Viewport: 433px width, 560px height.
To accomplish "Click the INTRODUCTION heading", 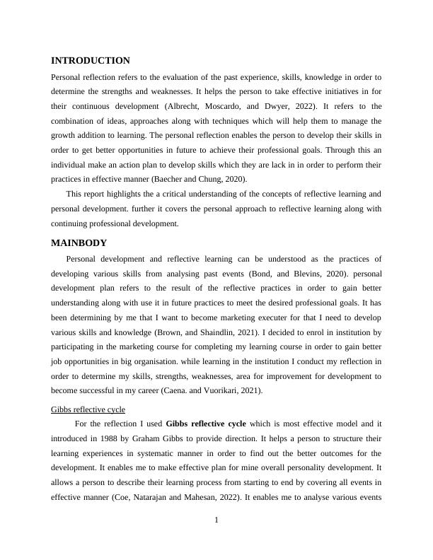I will click(91, 61).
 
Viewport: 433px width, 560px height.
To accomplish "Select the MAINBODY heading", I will click(79, 243).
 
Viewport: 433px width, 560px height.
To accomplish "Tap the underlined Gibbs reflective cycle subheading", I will click(88, 409).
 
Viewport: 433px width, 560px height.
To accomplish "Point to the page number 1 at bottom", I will click(216, 520).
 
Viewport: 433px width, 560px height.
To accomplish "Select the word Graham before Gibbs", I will click(150, 438).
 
